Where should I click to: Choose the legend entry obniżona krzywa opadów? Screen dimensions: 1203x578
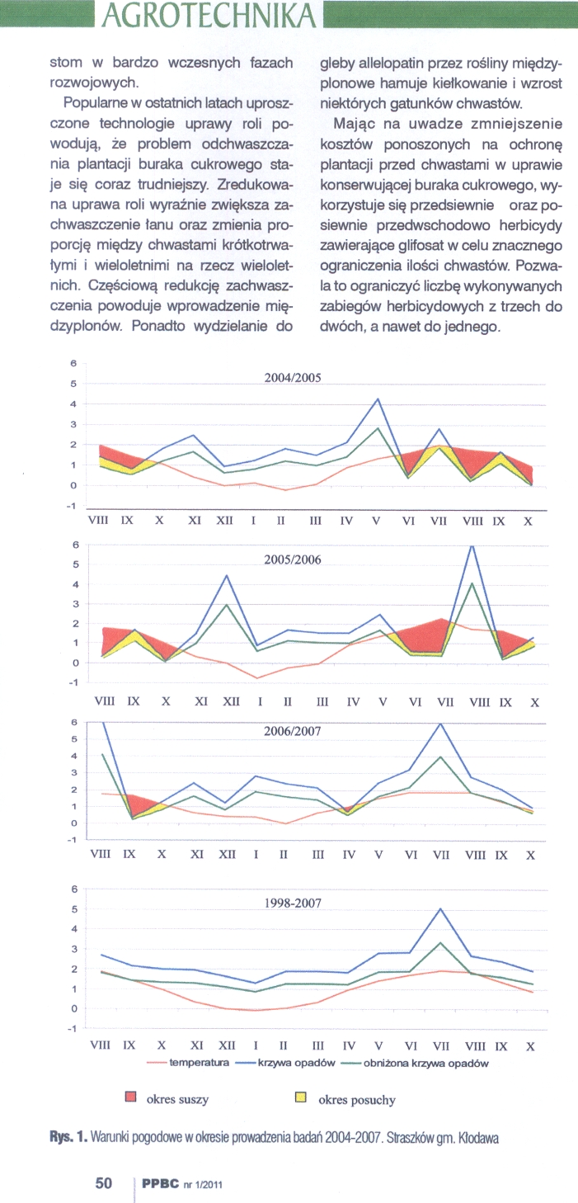[x=426, y=1064]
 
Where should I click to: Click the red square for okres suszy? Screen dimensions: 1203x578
[x=129, y=1098]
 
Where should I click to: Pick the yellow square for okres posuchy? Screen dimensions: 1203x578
[x=300, y=1098]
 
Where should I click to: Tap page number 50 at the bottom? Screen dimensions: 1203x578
[x=104, y=1183]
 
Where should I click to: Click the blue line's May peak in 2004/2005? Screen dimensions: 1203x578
[x=378, y=399]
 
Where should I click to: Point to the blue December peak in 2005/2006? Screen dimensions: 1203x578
[x=227, y=575]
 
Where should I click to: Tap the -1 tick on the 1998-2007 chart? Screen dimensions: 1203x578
[x=73, y=1029]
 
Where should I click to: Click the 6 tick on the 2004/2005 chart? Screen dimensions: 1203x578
[x=73, y=364]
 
